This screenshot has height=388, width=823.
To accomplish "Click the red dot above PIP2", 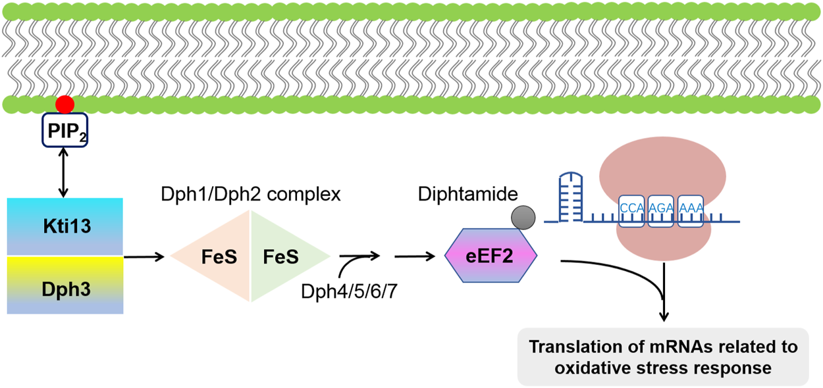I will pyautogui.click(x=64, y=104).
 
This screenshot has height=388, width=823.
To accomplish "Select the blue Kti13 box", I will pyautogui.click(x=65, y=227).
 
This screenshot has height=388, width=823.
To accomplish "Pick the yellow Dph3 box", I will pyautogui.click(x=65, y=285).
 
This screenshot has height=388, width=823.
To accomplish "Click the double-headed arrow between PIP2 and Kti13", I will pyautogui.click(x=64, y=172).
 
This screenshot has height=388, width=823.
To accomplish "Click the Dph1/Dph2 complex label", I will pyautogui.click(x=251, y=195).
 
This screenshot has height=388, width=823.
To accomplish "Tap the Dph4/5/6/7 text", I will pyautogui.click(x=345, y=291).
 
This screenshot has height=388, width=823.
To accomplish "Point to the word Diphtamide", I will pyautogui.click(x=468, y=195).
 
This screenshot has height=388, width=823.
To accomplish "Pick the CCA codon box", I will pyautogui.click(x=631, y=209).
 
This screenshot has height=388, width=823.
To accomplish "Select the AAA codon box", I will pyautogui.click(x=691, y=209).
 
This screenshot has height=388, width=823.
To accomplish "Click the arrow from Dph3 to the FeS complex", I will pyautogui.click(x=144, y=257).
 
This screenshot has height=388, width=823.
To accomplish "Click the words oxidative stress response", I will pyautogui.click(x=663, y=368).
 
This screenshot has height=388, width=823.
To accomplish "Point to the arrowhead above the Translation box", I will pyautogui.click(x=663, y=316).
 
